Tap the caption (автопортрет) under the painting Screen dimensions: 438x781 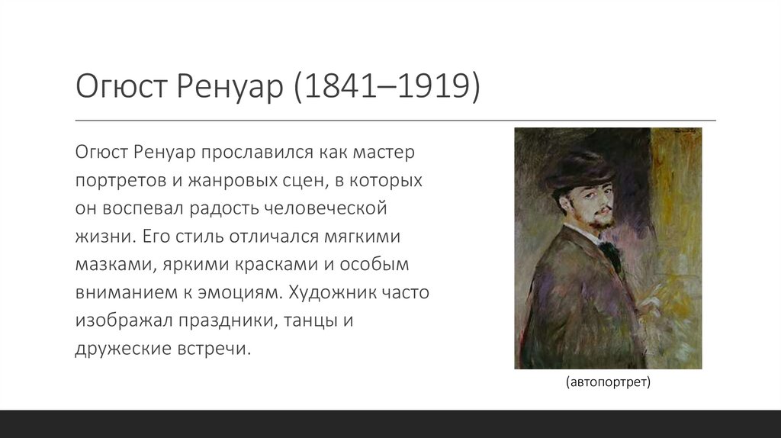click(x=607, y=382)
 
